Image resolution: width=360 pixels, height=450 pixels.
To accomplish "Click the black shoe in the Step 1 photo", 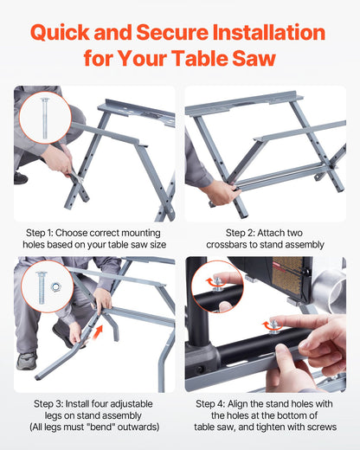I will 20,177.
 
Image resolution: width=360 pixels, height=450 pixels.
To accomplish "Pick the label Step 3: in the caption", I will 52,403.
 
